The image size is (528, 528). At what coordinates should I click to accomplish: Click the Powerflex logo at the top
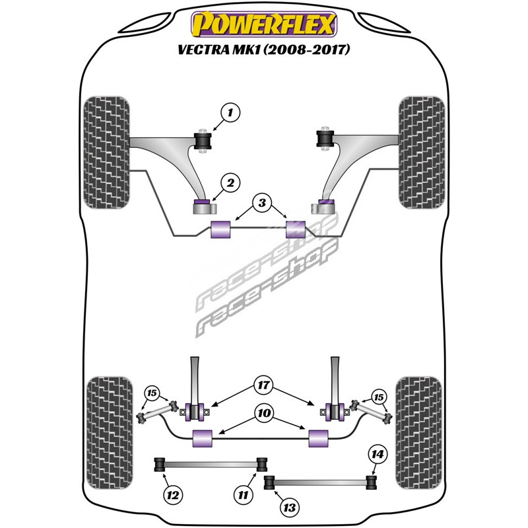(263, 25)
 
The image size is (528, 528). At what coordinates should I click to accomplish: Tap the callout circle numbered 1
(230, 114)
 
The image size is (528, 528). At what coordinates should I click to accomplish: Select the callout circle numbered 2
(230, 183)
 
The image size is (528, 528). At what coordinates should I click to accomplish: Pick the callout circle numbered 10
(263, 414)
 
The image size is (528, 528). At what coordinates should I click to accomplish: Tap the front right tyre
(422, 153)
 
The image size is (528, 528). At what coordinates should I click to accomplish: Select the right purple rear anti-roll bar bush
(319, 437)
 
